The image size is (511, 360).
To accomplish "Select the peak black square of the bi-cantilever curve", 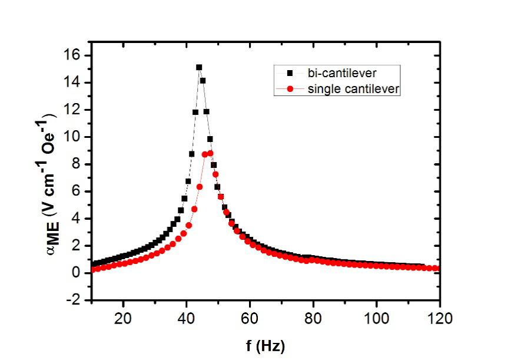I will [199, 68].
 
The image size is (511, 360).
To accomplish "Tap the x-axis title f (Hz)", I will [266, 344].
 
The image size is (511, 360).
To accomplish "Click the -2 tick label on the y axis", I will [75, 300].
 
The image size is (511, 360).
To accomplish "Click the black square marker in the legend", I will [289, 74].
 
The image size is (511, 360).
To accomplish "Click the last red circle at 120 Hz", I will [437, 268].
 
